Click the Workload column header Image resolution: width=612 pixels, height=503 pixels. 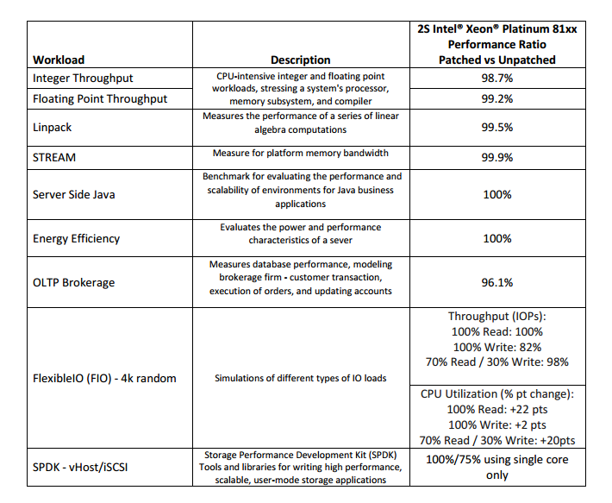click(59, 60)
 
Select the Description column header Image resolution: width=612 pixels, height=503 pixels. click(300, 60)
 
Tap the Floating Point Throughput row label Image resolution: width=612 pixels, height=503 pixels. click(100, 98)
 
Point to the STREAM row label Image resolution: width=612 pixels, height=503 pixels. click(54, 157)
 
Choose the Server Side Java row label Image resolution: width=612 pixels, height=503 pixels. click(73, 194)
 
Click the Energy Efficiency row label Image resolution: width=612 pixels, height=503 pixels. click(76, 238)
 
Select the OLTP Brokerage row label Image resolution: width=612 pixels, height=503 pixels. click(73, 282)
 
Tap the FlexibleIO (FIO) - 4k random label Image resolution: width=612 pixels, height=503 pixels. click(105, 378)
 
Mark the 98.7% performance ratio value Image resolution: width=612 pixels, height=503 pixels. click(496, 78)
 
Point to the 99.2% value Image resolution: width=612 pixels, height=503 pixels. click(496, 98)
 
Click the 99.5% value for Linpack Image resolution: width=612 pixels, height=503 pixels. click(496, 126)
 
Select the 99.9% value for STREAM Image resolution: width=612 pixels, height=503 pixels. click(496, 158)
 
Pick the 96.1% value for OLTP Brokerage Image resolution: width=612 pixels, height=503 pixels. click(496, 282)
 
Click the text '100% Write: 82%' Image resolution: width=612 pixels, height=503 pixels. click(496, 346)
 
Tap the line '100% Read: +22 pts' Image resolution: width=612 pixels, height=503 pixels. click(496, 409)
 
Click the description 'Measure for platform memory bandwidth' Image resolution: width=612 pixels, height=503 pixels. click(300, 154)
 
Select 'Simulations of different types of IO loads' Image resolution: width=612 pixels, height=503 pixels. click(300, 378)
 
